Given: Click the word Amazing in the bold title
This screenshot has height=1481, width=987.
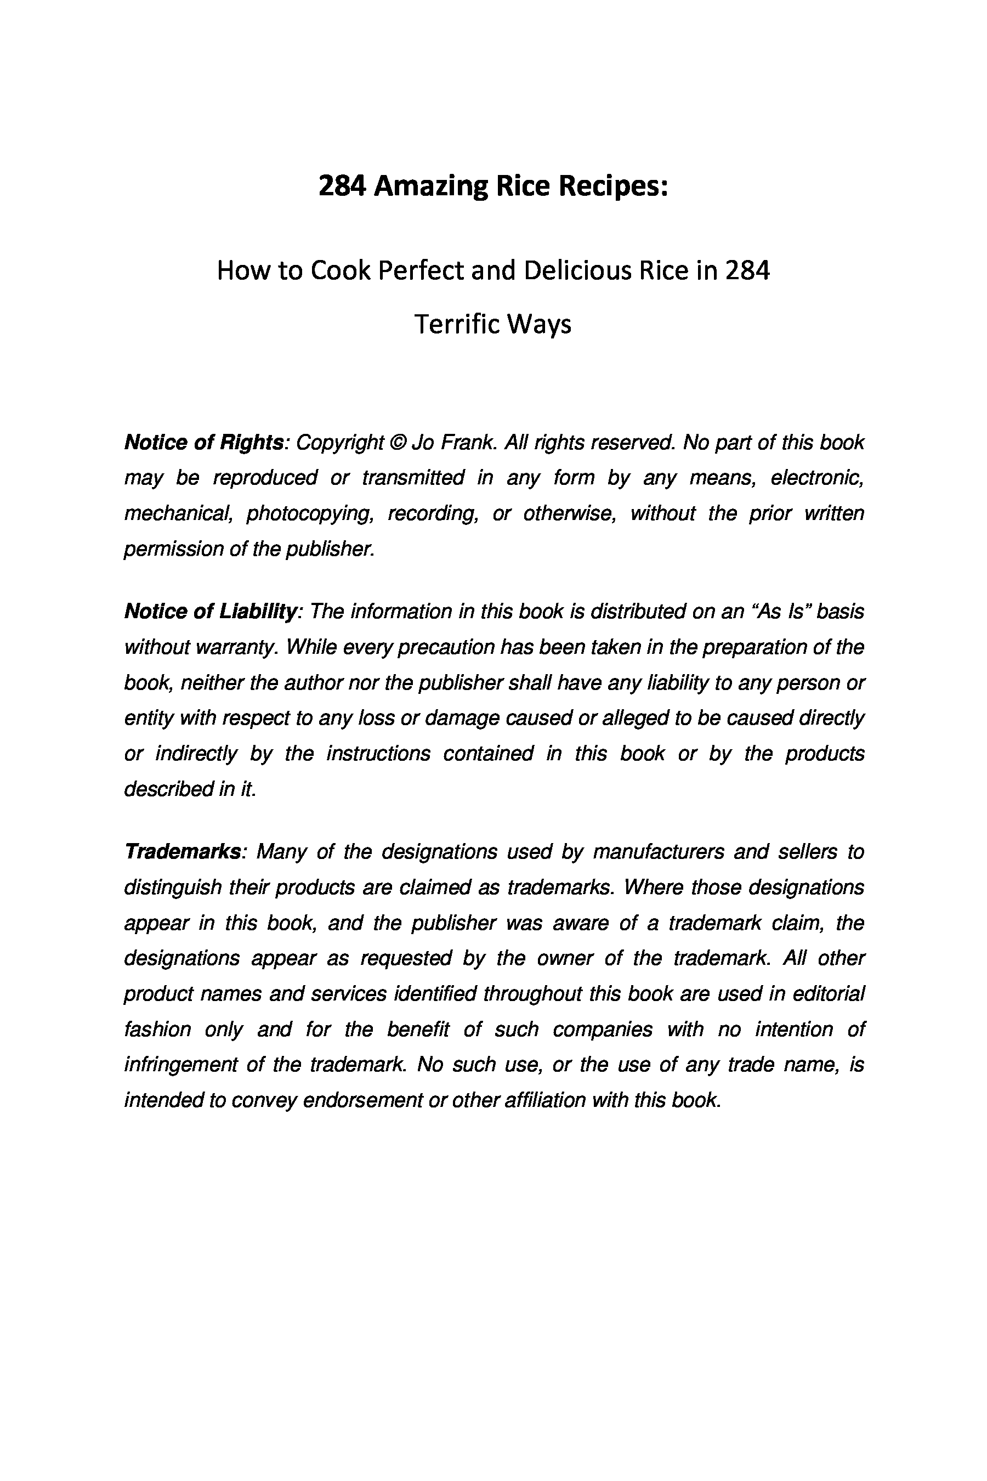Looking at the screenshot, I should point(430,187).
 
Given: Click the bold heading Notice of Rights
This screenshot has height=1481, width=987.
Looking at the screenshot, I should point(204,443).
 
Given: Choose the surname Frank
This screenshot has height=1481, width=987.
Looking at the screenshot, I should point(468,443).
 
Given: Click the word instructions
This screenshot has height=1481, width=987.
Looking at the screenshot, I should point(378,753).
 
